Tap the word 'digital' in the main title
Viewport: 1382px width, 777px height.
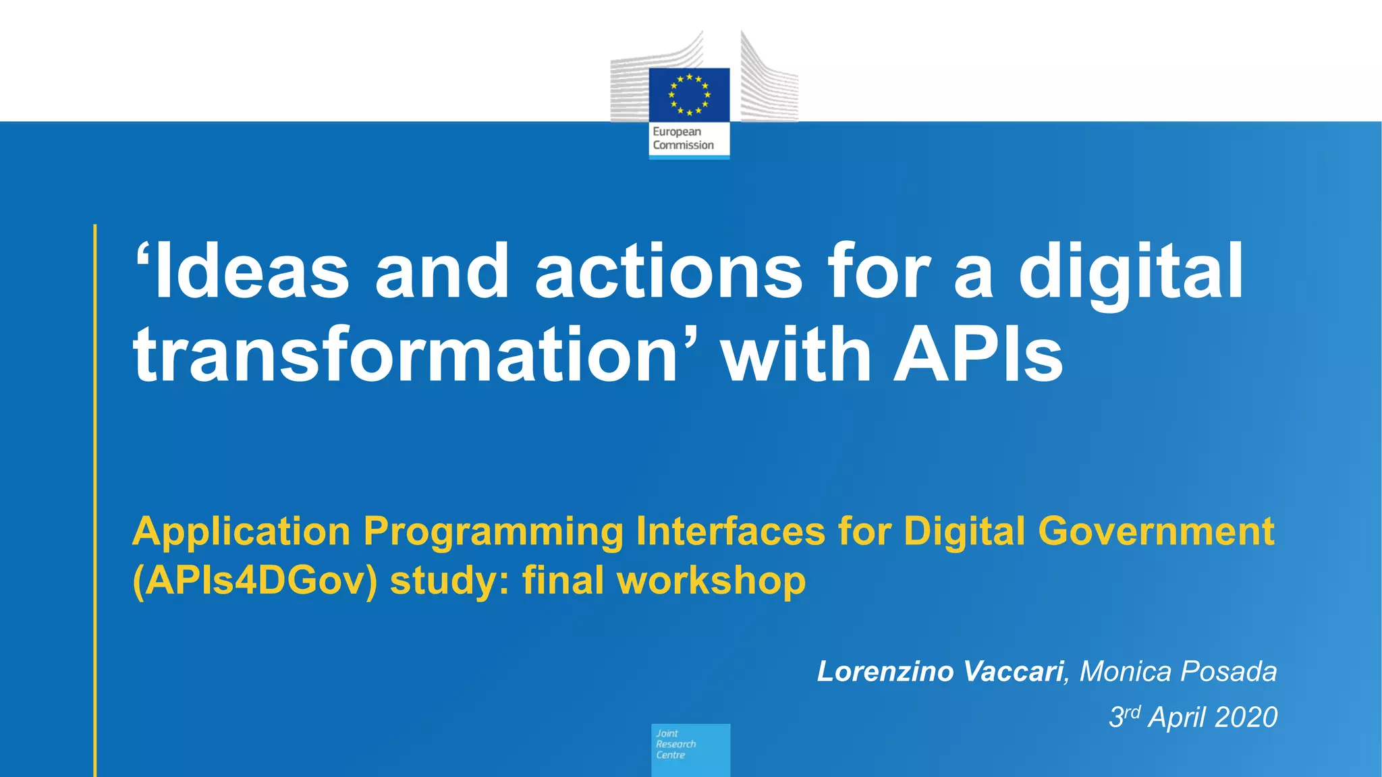pyautogui.click(x=1130, y=271)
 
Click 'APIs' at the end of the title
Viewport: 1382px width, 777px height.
pyautogui.click(x=978, y=355)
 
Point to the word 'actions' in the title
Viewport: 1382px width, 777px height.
pyautogui.click(x=668, y=271)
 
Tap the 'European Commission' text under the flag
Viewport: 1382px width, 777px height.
pyautogui.click(x=683, y=138)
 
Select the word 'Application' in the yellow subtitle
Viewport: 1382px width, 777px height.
pyautogui.click(x=241, y=532)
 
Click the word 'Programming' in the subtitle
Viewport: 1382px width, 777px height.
pyautogui.click(x=493, y=532)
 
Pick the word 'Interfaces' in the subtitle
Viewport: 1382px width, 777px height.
pyautogui.click(x=730, y=531)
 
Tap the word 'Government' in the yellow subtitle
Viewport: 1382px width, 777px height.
pyautogui.click(x=1156, y=531)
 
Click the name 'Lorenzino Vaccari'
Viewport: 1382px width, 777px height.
pyautogui.click(x=940, y=672)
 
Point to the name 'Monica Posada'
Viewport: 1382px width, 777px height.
pyautogui.click(x=1178, y=672)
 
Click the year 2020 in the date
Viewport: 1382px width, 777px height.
pyautogui.click(x=1247, y=718)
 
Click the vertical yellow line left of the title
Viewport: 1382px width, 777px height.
pyautogui.click(x=95, y=499)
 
